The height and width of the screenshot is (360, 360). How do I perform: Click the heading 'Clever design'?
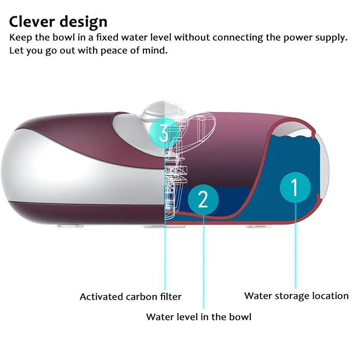(x=58, y=22)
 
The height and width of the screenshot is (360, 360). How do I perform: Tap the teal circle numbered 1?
(x=295, y=188)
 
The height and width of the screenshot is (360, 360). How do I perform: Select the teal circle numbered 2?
(x=203, y=199)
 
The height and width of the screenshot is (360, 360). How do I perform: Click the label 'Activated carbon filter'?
(x=130, y=297)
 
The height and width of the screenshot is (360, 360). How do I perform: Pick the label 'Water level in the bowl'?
(x=198, y=316)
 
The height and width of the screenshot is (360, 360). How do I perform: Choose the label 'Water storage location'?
(x=296, y=296)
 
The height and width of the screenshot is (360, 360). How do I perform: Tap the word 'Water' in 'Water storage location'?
(x=256, y=296)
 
